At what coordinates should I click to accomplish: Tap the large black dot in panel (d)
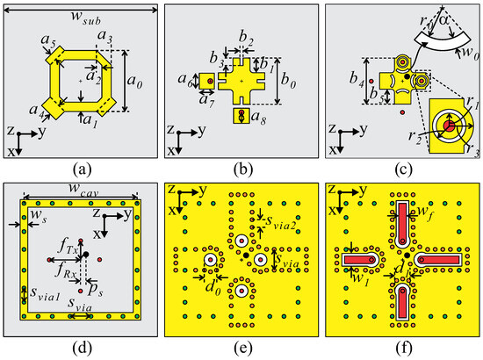coord(85,254)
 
